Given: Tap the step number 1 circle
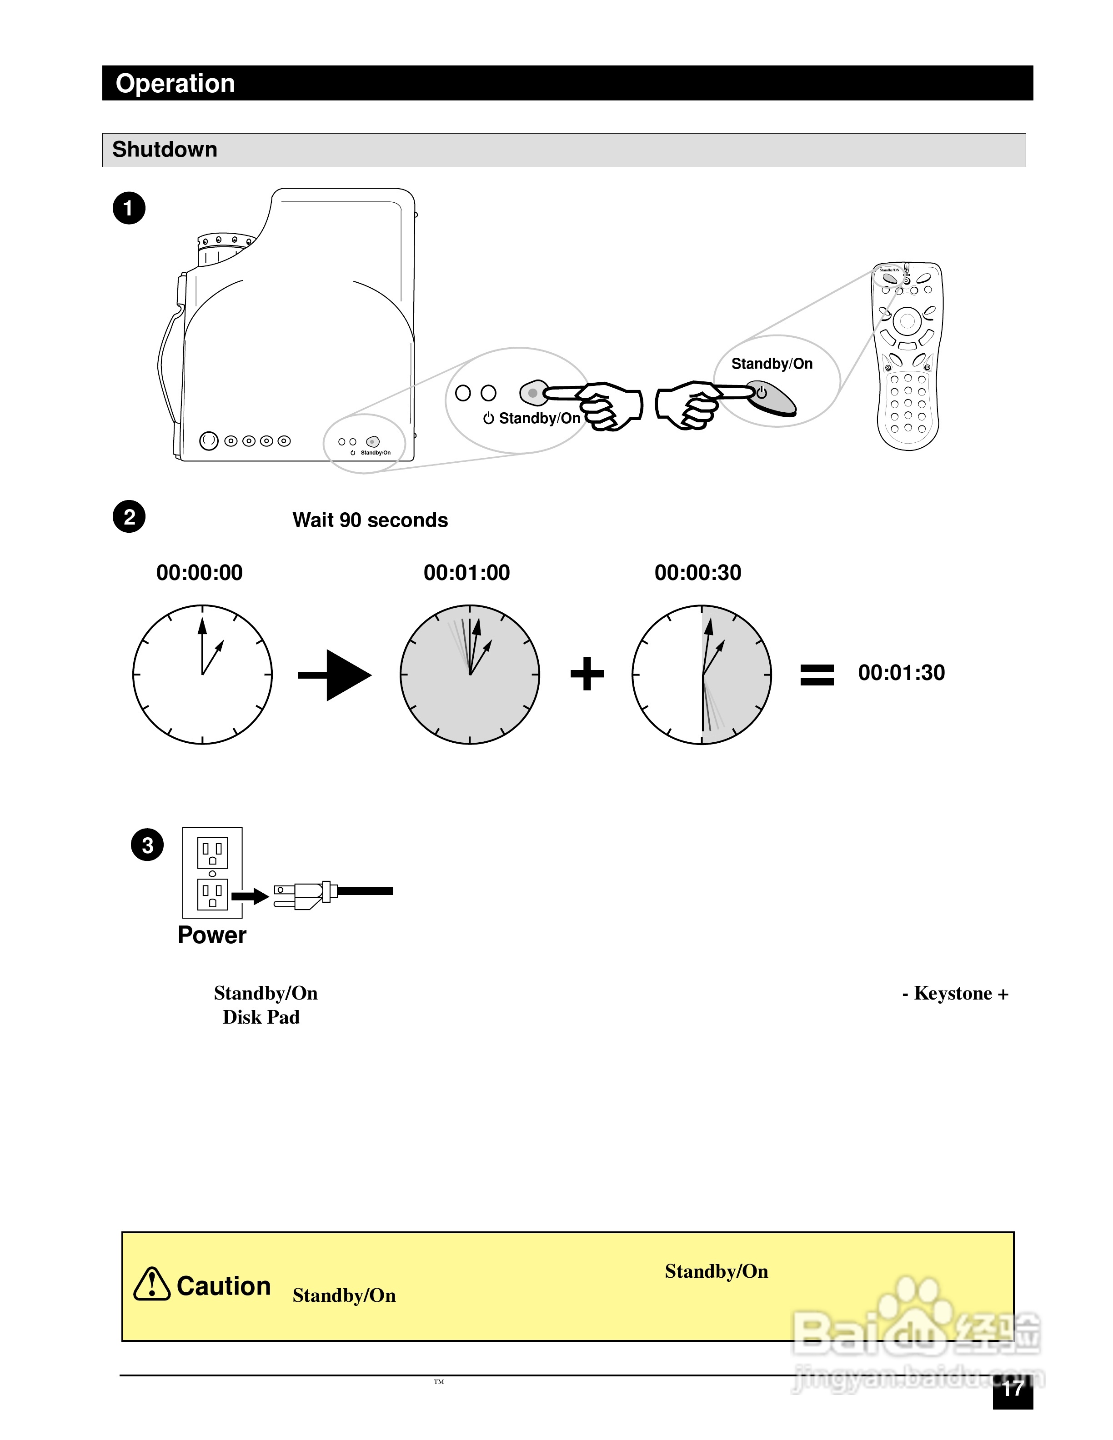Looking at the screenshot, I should [x=129, y=208].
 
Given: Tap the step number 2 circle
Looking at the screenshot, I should [x=129, y=517].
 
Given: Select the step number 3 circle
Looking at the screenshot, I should [x=147, y=845].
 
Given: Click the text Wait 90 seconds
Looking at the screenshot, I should [x=370, y=520].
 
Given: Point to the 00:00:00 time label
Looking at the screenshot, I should [x=199, y=572].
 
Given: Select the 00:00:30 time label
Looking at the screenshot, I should [x=697, y=572].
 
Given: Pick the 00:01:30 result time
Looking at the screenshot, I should [x=901, y=673].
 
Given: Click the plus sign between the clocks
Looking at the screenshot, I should [x=587, y=674].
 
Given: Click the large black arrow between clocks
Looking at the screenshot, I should [x=336, y=675].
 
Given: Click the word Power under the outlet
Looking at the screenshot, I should [x=212, y=935].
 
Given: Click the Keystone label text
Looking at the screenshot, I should [x=955, y=993].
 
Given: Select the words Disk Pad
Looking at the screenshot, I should [x=261, y=1017].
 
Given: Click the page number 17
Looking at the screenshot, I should [x=1012, y=1389].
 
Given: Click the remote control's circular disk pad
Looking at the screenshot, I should [x=907, y=321].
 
